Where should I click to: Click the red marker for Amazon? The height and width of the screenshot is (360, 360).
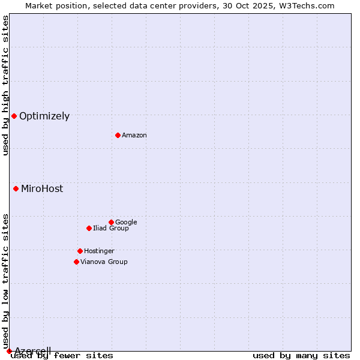[118, 135]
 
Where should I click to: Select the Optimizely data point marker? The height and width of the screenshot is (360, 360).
[14, 116]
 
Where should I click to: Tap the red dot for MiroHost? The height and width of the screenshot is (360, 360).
[16, 188]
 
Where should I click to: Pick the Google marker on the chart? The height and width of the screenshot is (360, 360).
[111, 222]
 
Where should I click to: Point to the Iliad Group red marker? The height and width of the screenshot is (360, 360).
[89, 228]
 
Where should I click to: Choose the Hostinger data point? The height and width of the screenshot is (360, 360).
[80, 251]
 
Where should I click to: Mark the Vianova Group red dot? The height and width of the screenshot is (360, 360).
[76, 262]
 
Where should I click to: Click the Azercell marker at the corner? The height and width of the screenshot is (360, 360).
[9, 351]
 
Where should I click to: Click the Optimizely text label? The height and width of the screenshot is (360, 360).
[44, 116]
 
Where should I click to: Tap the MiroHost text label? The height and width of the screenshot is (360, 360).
[42, 189]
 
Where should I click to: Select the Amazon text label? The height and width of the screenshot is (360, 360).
[134, 136]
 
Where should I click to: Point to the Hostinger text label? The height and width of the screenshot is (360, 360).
[99, 251]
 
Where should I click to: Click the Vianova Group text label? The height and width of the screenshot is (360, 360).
[104, 262]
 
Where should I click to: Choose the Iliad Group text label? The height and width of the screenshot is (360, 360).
[111, 229]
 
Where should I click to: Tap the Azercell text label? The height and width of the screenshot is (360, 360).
[32, 351]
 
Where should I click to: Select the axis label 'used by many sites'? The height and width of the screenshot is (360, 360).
[301, 356]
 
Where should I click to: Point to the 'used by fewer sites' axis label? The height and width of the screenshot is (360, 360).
[62, 356]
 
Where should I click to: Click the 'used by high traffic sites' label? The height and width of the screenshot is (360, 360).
[5, 85]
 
